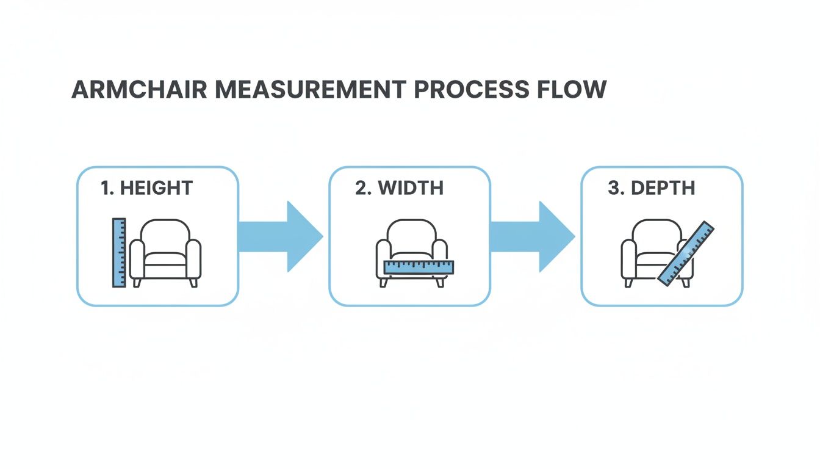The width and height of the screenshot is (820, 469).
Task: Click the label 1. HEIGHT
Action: [x=146, y=187]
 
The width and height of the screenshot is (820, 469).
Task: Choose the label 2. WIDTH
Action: [x=399, y=187]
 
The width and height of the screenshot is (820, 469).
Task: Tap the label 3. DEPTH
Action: [x=651, y=187]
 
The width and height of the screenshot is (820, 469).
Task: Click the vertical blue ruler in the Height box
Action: [x=118, y=252]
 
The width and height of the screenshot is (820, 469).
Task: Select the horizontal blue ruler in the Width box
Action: [x=419, y=267]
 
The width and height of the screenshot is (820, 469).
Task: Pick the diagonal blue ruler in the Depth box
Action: [x=686, y=253]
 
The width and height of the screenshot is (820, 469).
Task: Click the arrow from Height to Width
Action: [x=281, y=236]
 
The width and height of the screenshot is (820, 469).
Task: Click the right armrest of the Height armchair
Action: [x=193, y=260]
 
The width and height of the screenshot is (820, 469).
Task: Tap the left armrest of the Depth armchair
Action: [x=628, y=260]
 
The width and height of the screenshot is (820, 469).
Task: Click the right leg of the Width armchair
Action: [x=439, y=282]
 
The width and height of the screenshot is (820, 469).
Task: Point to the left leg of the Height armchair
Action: [x=137, y=283]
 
